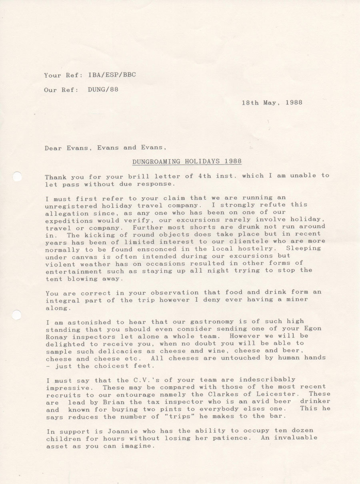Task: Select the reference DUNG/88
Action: (x=103, y=90)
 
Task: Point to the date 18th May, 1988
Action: (x=272, y=102)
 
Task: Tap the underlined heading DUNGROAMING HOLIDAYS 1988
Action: (x=187, y=161)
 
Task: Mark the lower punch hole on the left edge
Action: (x=16, y=315)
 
